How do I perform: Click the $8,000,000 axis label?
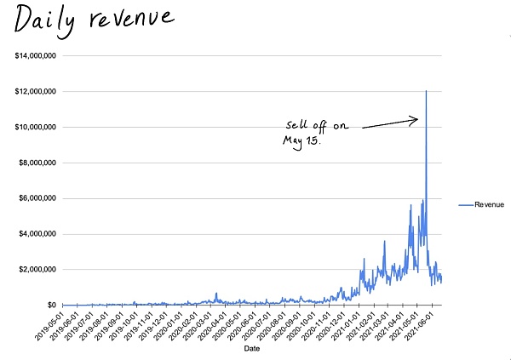(x=34, y=163)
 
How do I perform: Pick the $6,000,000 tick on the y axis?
(x=34, y=198)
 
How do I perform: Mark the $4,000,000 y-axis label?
(x=34, y=234)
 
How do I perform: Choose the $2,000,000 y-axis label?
(x=34, y=270)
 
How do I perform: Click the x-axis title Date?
(x=252, y=349)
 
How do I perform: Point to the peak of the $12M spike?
(x=426, y=90)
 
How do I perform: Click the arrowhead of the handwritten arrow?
(x=415, y=119)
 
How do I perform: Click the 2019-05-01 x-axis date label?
(x=53, y=324)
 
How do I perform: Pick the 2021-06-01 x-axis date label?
(x=427, y=324)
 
